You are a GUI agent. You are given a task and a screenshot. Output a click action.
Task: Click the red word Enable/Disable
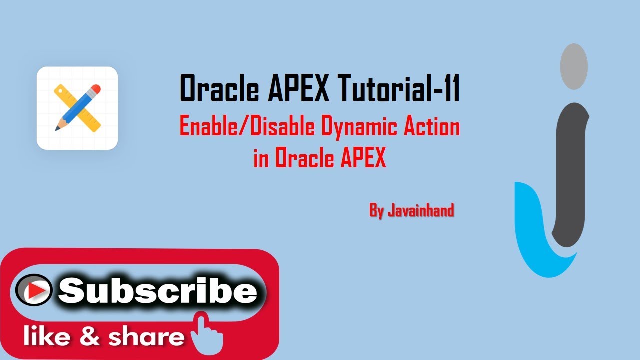[x=247, y=127]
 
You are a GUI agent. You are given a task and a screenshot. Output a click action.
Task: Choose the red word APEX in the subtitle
[x=363, y=158]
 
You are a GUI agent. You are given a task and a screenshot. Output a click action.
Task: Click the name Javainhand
[x=421, y=211]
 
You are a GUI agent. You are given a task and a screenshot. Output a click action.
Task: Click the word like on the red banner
[x=47, y=337]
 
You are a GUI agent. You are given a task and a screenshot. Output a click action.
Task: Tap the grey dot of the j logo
[x=573, y=66]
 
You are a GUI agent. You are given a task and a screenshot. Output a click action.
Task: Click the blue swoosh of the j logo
[x=530, y=235]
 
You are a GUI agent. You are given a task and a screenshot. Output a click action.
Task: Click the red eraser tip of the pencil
[x=96, y=90]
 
